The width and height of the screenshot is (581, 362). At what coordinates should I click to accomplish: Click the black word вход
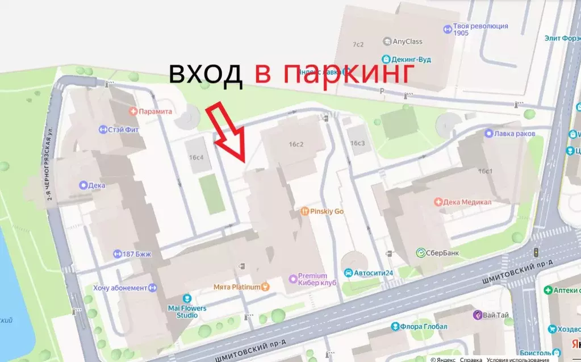[x=206, y=74]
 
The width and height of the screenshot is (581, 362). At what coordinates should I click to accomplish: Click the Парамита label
[x=154, y=111]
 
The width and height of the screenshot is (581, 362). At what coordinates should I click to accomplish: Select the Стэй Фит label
[x=123, y=130]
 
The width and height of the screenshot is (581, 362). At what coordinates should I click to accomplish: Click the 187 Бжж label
[x=136, y=254]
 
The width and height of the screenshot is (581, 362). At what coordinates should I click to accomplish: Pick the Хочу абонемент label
[x=120, y=288]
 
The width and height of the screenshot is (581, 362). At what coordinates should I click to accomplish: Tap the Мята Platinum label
[x=237, y=287]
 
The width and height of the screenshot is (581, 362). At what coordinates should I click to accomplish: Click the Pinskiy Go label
[x=327, y=211]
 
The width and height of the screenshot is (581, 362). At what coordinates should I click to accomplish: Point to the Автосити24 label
[x=373, y=273]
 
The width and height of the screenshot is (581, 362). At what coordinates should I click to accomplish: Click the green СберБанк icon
[x=421, y=253]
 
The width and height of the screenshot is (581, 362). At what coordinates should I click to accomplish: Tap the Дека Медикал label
[x=467, y=202]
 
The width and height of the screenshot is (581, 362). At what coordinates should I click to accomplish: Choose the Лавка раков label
[x=513, y=134]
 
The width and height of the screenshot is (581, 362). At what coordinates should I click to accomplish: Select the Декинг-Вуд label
[x=412, y=58]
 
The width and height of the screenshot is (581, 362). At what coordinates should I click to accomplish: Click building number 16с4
[x=197, y=157]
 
